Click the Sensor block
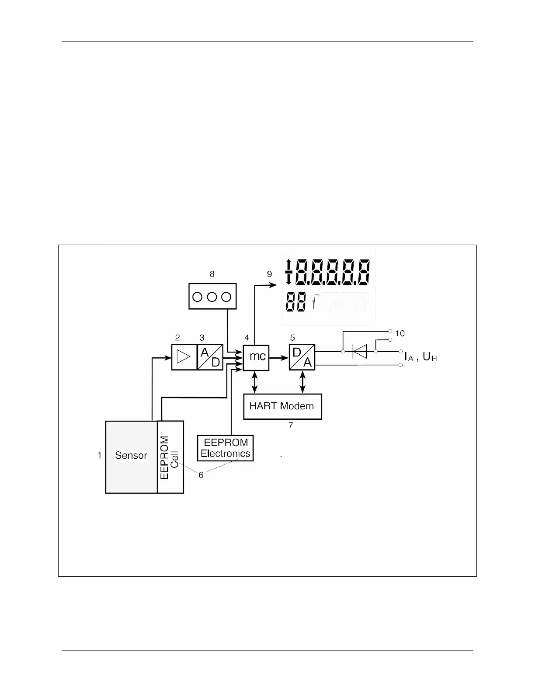point(131,457)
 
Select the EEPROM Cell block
point(170,457)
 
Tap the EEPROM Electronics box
point(226,448)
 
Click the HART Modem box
point(282,406)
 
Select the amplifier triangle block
point(184,357)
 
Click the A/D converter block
point(210,357)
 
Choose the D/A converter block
point(302,357)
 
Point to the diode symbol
point(359,351)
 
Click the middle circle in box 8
point(212,297)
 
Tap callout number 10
point(400,333)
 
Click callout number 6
point(201,475)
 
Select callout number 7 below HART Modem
point(291,426)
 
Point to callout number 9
point(269,274)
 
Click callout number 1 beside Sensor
point(100,455)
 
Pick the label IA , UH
point(420,357)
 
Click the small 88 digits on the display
point(296,302)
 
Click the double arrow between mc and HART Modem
point(255,382)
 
